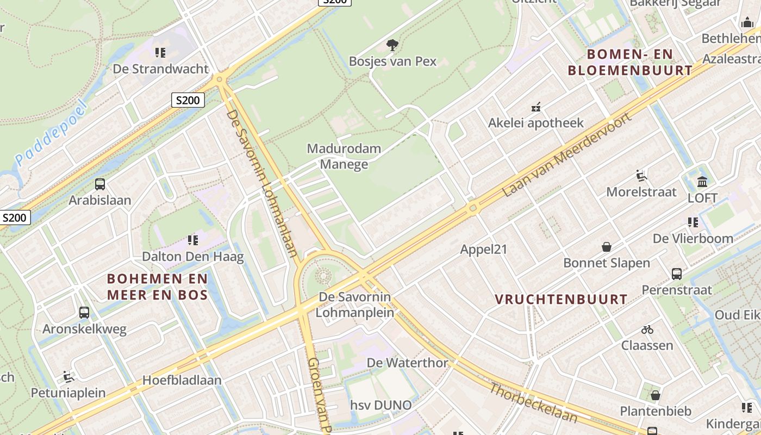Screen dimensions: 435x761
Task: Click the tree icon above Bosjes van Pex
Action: pos(392,45)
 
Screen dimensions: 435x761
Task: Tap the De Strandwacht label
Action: pos(160,69)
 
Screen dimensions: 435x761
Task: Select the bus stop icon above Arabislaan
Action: pos(99,184)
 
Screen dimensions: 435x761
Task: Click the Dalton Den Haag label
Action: pos(192,256)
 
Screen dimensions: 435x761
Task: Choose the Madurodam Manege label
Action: pos(344,156)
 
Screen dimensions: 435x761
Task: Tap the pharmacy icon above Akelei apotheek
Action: pos(536,107)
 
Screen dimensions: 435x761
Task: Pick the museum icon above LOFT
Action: pos(702,182)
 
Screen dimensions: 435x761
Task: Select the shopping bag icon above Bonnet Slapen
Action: pos(607,247)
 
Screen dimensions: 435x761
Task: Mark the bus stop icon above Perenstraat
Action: pos(677,274)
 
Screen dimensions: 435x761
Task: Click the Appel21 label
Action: pos(483,249)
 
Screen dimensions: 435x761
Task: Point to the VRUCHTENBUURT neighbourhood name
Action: pos(561,300)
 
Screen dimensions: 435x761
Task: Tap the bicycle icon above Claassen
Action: pos(647,330)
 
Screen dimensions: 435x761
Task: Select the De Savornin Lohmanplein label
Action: pos(354,304)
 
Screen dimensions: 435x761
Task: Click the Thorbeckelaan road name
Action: pos(533,403)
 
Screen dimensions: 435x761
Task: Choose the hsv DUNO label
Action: pos(380,405)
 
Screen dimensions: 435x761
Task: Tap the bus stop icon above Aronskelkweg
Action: pos(84,313)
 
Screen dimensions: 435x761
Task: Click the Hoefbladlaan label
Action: pos(182,380)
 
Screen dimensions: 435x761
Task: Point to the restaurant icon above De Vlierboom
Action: pos(693,222)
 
